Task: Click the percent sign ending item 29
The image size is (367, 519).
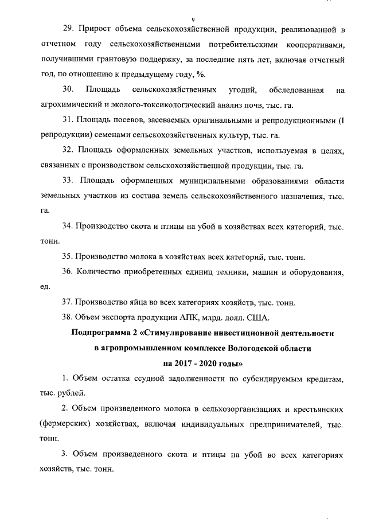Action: [202, 75]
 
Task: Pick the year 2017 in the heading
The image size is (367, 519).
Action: [184, 362]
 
